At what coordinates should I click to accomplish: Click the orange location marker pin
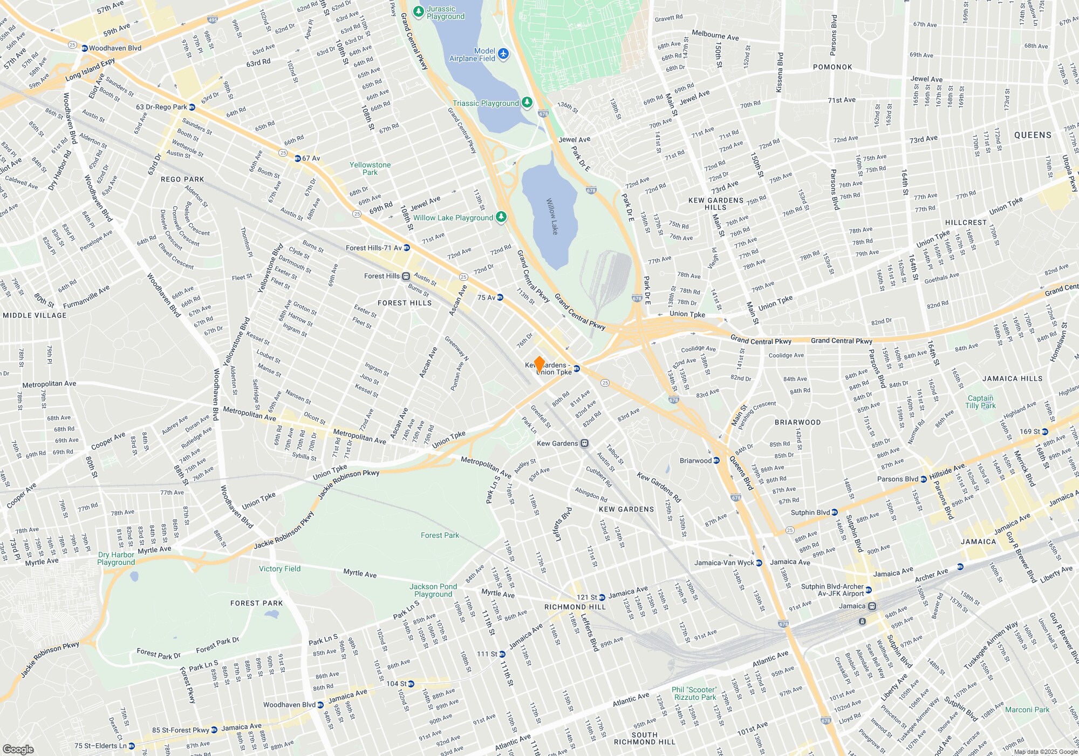tap(538, 364)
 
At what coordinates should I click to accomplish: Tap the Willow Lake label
tap(552, 216)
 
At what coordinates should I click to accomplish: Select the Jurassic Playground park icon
tap(418, 11)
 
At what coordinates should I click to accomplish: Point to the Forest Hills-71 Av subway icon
tap(407, 248)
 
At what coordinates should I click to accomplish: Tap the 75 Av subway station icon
tap(500, 298)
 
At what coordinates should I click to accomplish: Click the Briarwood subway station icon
tap(716, 461)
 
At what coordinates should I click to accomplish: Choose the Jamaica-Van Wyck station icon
tap(759, 563)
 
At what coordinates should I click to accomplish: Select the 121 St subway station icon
tap(602, 597)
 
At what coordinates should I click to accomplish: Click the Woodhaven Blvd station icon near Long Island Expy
tap(85, 48)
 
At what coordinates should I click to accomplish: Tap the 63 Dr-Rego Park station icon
tap(192, 107)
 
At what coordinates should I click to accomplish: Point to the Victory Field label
tap(279, 569)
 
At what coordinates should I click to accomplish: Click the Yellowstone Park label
tap(370, 168)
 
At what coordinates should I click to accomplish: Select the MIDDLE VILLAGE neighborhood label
tap(35, 315)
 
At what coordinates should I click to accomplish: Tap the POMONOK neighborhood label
tap(832, 67)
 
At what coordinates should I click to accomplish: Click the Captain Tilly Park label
tap(980, 402)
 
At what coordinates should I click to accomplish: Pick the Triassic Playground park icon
tap(527, 103)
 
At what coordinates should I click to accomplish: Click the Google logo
tap(18, 750)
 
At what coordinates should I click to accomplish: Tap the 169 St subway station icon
tap(1045, 431)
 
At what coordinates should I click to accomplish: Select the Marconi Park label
tap(1027, 710)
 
